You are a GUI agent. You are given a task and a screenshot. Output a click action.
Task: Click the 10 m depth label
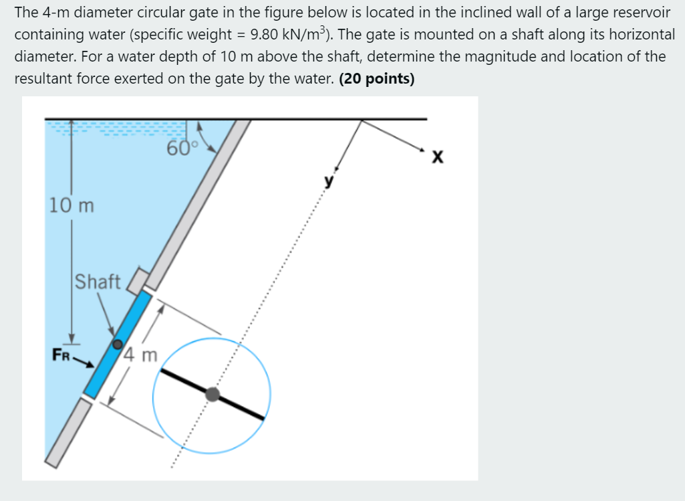point(72,205)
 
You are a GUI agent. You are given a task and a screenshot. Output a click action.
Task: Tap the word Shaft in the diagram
point(98,282)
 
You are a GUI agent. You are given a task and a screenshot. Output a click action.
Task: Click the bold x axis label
point(438,158)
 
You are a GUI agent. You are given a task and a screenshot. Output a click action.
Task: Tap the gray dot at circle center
point(213,394)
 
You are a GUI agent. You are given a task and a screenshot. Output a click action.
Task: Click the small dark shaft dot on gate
point(118,344)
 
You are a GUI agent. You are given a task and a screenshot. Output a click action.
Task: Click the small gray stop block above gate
point(138,280)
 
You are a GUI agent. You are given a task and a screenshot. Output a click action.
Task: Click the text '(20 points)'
point(377,79)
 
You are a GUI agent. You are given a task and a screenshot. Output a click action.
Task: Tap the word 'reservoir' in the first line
point(634,13)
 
